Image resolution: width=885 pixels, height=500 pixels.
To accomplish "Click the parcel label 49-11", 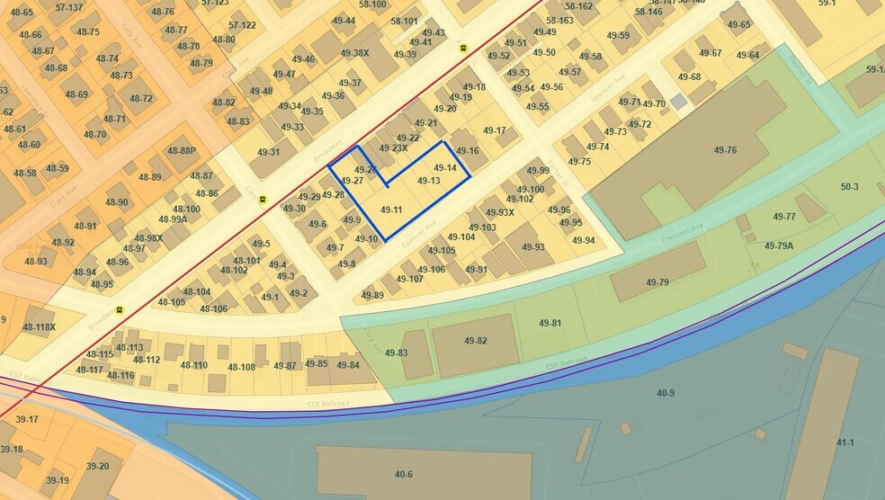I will click(x=391, y=210).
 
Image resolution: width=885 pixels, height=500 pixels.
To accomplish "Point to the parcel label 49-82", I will click(x=476, y=341).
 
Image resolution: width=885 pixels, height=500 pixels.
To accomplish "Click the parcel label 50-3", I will click(x=849, y=187).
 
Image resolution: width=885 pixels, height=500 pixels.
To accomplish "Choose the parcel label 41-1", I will click(x=845, y=442).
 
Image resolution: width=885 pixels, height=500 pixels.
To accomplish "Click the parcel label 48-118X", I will click(x=40, y=327).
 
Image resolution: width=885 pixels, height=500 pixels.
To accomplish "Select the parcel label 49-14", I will click(x=446, y=168).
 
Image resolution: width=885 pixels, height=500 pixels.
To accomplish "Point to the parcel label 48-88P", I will click(x=181, y=151).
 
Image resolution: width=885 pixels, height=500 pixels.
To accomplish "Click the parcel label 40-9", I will click(x=666, y=393).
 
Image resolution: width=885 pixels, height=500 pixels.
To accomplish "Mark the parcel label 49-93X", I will click(x=499, y=213).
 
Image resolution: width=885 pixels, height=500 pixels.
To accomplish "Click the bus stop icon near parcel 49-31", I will click(x=263, y=200).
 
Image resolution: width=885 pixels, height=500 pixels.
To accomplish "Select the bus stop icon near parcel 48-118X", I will click(x=120, y=311).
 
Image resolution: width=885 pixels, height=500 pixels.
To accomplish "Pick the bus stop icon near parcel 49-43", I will click(x=463, y=48).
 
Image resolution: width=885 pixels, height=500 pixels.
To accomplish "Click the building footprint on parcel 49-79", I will click(x=657, y=271).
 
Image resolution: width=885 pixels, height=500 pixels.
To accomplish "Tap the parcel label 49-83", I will click(x=397, y=353).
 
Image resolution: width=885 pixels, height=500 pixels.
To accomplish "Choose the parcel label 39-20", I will click(x=97, y=466).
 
